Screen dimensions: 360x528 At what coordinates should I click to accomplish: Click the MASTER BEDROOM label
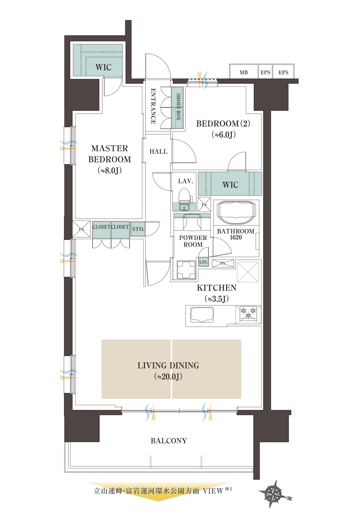(x=109, y=154)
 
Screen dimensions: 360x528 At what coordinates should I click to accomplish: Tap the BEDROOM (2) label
(x=223, y=124)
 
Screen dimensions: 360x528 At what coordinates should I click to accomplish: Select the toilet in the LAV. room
(x=185, y=196)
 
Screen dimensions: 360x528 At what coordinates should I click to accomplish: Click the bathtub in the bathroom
(x=236, y=212)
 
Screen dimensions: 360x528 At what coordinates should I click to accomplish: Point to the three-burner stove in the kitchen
(x=248, y=314)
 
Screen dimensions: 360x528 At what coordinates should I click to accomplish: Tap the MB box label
(x=244, y=73)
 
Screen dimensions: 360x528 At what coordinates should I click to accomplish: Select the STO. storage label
(x=138, y=229)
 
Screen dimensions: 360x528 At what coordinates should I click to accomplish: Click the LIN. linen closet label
(x=203, y=262)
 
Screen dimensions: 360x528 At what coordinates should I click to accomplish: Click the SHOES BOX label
(x=178, y=107)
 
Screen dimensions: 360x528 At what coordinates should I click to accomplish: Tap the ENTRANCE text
(x=153, y=106)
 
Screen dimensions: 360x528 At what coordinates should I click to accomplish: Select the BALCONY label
(x=169, y=441)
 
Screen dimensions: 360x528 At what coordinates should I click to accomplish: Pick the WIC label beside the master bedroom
(x=103, y=67)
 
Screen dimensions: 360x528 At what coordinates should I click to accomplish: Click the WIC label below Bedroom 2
(x=230, y=185)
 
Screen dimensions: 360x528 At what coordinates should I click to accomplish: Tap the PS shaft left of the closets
(x=81, y=229)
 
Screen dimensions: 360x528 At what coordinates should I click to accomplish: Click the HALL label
(x=158, y=152)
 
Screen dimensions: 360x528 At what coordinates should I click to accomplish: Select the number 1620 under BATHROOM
(x=236, y=238)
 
